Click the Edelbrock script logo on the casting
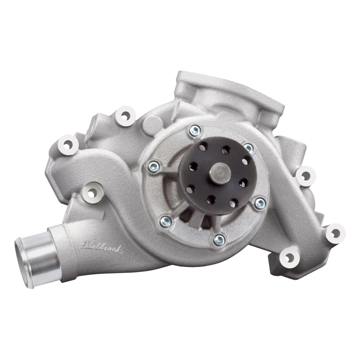[x=102, y=247]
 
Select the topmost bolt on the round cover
[x=195, y=130]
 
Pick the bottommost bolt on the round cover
[x=219, y=239]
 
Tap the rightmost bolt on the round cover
[x=259, y=203]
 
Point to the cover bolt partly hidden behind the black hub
[x=248, y=147]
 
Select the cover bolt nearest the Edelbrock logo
[x=166, y=220]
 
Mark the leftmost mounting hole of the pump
[x=68, y=144]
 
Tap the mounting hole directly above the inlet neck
[x=92, y=192]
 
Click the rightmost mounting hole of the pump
[x=335, y=233]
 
